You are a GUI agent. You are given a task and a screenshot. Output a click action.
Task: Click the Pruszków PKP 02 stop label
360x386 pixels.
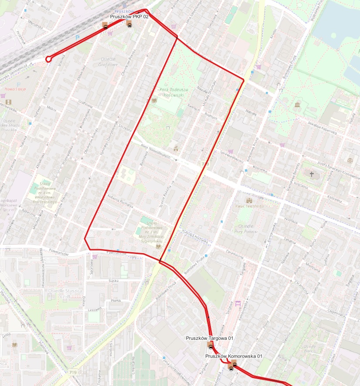[129, 16]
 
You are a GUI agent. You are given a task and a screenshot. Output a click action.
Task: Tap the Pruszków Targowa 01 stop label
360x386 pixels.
[210, 338]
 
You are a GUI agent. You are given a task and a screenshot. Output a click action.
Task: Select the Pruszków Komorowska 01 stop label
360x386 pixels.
[234, 356]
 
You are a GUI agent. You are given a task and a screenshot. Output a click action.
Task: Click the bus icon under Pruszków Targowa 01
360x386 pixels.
[211, 347]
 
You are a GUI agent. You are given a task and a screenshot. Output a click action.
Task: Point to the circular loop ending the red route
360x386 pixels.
[48, 58]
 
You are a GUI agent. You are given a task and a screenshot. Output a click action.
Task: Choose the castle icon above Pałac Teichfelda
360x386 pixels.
[249, 200]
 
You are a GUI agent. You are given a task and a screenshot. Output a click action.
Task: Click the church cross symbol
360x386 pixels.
[311, 174]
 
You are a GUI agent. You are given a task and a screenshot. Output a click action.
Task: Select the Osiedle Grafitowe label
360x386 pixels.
[109, 62]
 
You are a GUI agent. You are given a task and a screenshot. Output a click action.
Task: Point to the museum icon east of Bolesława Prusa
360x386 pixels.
[297, 105]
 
